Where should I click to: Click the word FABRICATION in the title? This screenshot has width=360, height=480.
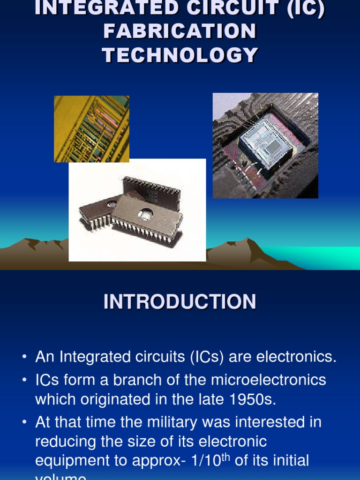pyautogui.click(x=180, y=32)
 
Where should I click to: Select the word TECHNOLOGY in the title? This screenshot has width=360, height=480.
pyautogui.click(x=180, y=55)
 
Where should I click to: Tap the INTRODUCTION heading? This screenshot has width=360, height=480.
pyautogui.click(x=180, y=301)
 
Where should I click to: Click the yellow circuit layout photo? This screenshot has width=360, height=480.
pyautogui.click(x=91, y=128)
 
